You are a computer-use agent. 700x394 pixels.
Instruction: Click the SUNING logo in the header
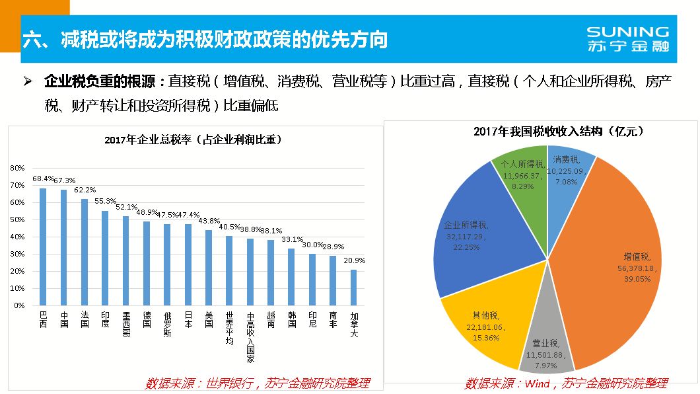tap(627, 39)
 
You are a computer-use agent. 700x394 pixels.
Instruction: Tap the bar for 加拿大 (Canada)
tap(354, 288)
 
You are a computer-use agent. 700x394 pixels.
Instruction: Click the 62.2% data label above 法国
tap(85, 190)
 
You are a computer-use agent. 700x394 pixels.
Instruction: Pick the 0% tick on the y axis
tap(19, 306)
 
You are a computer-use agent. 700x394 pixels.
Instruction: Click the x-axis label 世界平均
tap(229, 327)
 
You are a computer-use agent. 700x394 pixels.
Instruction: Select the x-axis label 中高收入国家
tap(250, 338)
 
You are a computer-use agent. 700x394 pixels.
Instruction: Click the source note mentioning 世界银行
tap(257, 383)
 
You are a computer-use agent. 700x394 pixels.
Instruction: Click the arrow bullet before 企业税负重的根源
tap(28, 82)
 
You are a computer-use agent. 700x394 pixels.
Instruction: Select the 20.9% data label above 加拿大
tap(354, 260)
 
